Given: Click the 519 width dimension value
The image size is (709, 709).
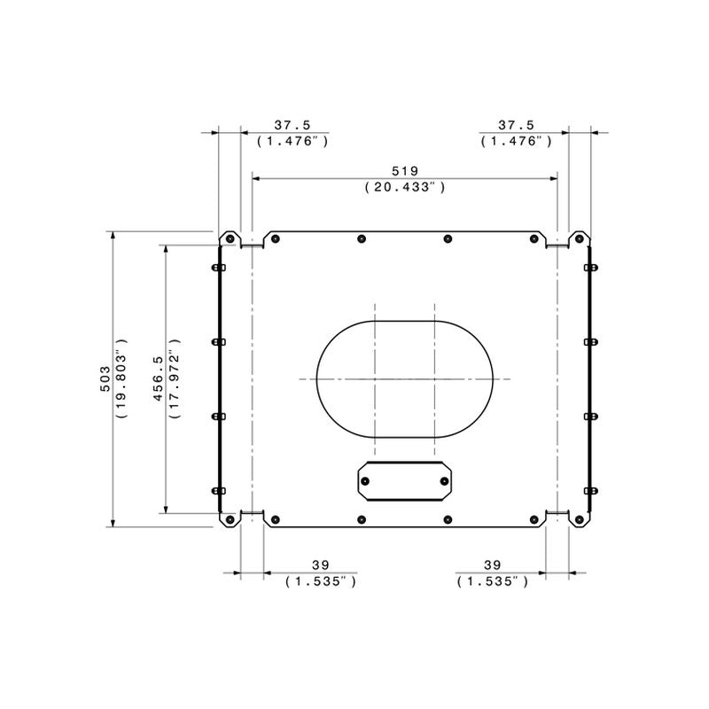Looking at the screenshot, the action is [405, 171].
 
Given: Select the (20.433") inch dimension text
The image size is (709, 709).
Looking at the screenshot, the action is [405, 187].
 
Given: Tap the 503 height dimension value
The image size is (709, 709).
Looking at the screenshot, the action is [105, 379].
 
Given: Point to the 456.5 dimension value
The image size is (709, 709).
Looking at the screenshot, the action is [159, 378].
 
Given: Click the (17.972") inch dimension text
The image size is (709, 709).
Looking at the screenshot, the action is [175, 378].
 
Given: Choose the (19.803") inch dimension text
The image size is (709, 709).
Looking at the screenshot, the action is [121, 378].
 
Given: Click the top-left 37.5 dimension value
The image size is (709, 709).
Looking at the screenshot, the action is [292, 125].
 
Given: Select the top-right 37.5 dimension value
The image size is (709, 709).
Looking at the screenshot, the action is [517, 125].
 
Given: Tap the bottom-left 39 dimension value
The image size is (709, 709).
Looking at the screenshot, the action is [321, 565].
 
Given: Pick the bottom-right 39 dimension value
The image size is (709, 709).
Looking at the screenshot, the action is [493, 565].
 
